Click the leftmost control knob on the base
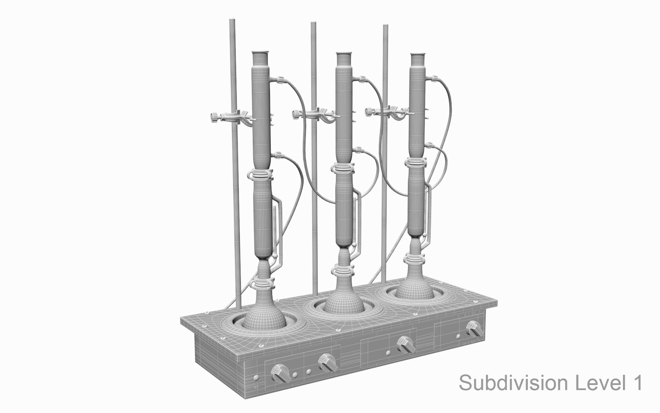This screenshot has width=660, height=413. coord(280,373)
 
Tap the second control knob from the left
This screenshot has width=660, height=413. coord(328,363)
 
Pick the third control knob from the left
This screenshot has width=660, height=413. coord(405,345)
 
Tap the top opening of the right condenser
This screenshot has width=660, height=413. coord(418,56)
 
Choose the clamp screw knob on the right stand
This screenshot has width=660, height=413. coord(369,112)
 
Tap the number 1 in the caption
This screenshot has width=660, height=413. coord(637,383)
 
